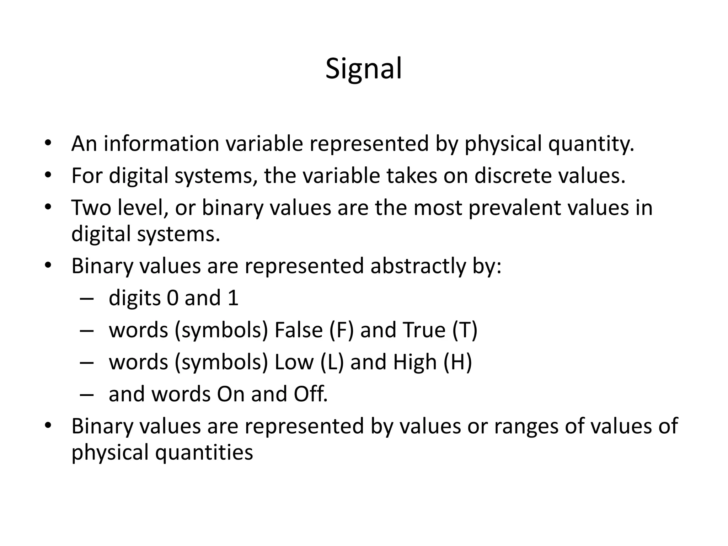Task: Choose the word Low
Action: pos(294,362)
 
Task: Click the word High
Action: pos(414,362)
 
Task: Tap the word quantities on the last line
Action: pos(204,453)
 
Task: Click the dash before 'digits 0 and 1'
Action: pos(87,299)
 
